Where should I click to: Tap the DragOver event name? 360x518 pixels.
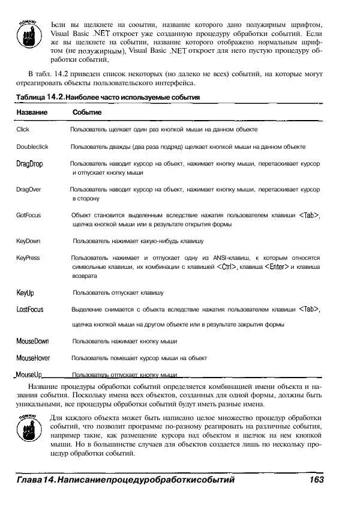tap(29, 189)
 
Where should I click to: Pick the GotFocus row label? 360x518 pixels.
tap(28, 215)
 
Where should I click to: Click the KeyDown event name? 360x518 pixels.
tap(28, 241)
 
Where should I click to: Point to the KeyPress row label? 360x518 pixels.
tap(28, 257)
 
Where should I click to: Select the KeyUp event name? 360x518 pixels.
tap(25, 293)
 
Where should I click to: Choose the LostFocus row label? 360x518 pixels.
tap(30, 309)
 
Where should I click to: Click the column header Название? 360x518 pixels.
tap(32, 112)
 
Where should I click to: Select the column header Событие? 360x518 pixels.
tap(87, 112)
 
